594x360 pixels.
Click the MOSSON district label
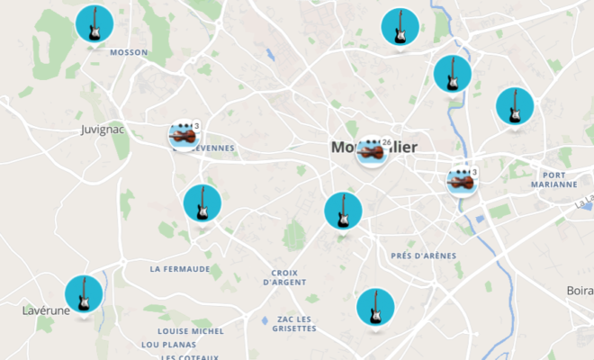click(x=128, y=52)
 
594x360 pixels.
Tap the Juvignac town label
click(x=102, y=130)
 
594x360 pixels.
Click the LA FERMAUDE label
click(x=180, y=268)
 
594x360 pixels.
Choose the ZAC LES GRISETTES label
click(x=294, y=324)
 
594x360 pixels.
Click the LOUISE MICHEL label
click(x=183, y=331)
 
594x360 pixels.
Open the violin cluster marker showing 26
click(x=370, y=153)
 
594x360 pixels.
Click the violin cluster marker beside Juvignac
click(x=184, y=137)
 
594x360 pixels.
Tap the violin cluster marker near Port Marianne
click(x=462, y=182)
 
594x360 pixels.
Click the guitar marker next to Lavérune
click(x=84, y=293)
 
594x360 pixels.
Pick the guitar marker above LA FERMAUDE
click(x=202, y=203)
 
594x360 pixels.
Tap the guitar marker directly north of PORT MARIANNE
click(x=515, y=106)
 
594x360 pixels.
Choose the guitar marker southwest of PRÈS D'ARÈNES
click(x=374, y=307)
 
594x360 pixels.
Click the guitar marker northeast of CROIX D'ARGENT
click(x=343, y=211)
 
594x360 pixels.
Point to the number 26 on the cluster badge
click(x=386, y=142)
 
